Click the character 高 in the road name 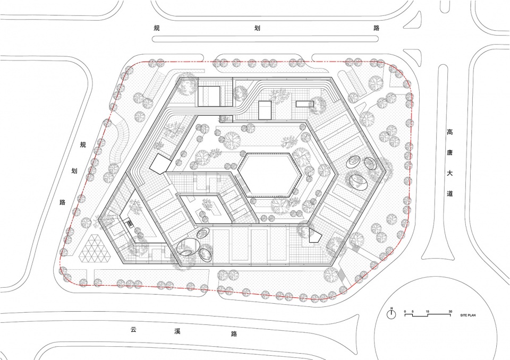[449, 132]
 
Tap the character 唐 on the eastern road [449, 152]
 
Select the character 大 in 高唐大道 [449, 173]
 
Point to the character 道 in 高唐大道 [449, 193]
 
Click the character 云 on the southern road [133, 329]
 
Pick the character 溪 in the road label [177, 331]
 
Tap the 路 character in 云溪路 [234, 333]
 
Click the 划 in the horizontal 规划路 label [257, 28]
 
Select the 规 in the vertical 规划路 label [83, 145]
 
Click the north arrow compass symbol [392, 314]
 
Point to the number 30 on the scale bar [450, 312]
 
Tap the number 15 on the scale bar [427, 312]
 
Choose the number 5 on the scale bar [412, 312]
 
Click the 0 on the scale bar [405, 312]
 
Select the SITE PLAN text [467, 315]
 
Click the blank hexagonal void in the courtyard [269, 175]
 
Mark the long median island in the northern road [266, 39]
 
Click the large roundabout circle [436, 277]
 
